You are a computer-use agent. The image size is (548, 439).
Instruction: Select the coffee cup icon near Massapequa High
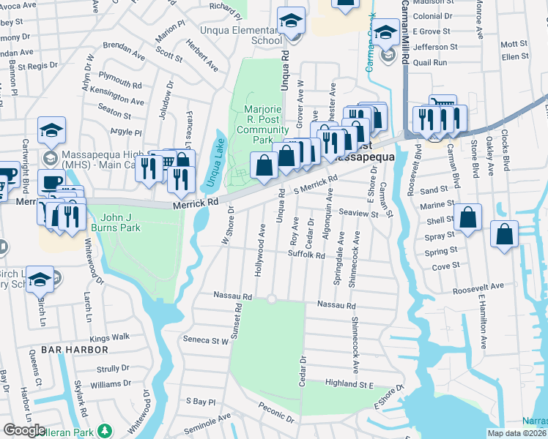(51, 182)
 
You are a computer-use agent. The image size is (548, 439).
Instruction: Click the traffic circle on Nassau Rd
(271, 299)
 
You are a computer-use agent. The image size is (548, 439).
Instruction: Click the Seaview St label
(359, 214)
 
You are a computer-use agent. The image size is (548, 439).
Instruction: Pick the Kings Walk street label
(109, 337)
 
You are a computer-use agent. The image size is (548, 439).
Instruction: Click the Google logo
(25, 430)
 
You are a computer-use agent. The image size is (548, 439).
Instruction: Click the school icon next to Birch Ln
(40, 279)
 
